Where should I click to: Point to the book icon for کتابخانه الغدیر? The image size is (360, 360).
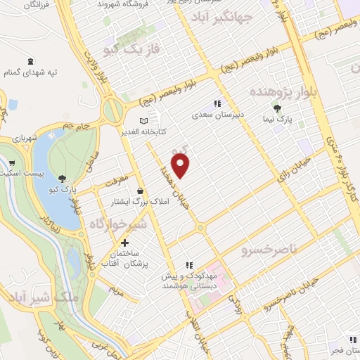[146, 121]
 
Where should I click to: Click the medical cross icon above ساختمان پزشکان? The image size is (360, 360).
[124, 243]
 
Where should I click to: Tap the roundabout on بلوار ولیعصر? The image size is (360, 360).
[111, 110]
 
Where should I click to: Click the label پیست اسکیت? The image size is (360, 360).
[25, 172]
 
